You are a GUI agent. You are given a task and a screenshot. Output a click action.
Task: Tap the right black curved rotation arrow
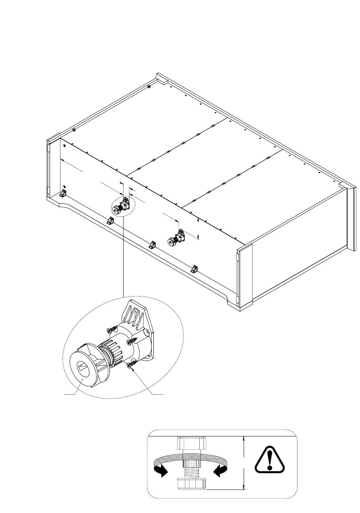(x=220, y=471)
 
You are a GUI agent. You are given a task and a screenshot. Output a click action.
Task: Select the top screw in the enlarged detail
(x=113, y=329)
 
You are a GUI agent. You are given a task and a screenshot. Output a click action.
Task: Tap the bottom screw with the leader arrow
(x=131, y=366)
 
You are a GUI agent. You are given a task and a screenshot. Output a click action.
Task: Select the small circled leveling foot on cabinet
(x=122, y=207)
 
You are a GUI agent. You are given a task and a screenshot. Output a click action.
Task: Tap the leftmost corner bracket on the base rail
(x=63, y=194)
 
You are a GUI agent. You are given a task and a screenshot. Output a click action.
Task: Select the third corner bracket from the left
(x=152, y=245)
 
